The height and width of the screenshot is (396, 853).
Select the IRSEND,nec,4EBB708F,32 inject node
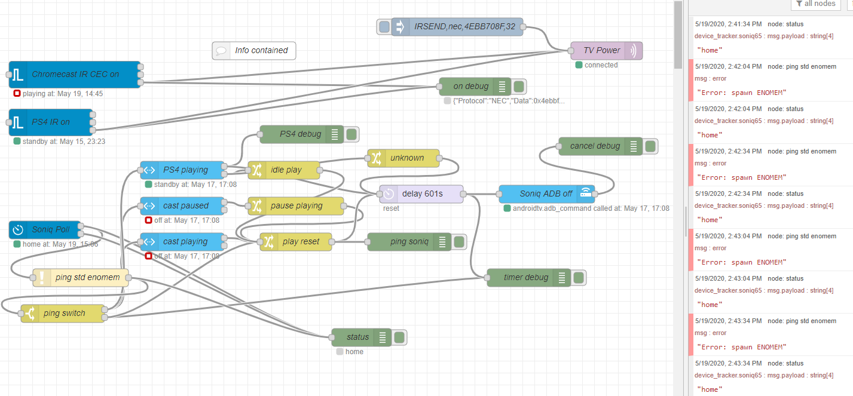460,27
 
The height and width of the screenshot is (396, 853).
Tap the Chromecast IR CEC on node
75,75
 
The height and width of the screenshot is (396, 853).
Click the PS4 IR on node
51,122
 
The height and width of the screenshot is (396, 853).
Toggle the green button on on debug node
519,87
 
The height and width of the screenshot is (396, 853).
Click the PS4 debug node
300,134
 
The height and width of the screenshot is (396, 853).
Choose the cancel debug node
595,146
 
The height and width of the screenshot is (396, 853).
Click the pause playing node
296,206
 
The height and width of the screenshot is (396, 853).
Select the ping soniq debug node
409,242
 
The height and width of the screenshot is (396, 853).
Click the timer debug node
526,278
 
